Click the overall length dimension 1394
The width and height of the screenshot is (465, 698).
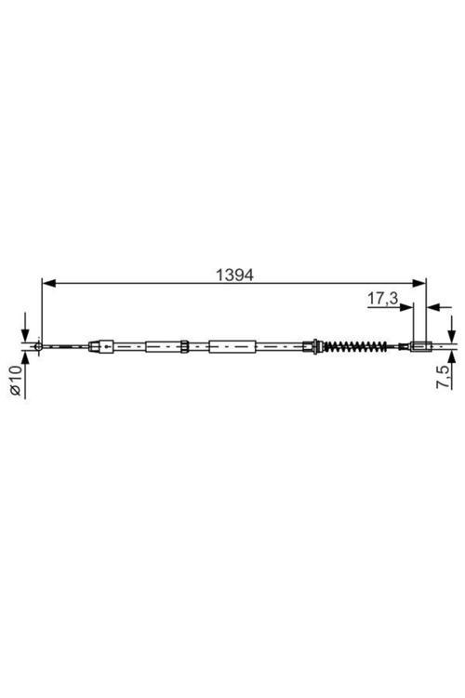click(x=235, y=275)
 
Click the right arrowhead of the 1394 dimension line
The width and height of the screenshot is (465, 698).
click(x=419, y=283)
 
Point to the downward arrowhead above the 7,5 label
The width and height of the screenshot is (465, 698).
click(x=451, y=337)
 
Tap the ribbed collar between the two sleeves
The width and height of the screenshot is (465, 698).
click(x=185, y=348)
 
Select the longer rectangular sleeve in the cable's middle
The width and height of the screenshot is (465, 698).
click(x=232, y=348)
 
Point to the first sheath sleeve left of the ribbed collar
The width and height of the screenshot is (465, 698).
click(x=161, y=348)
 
